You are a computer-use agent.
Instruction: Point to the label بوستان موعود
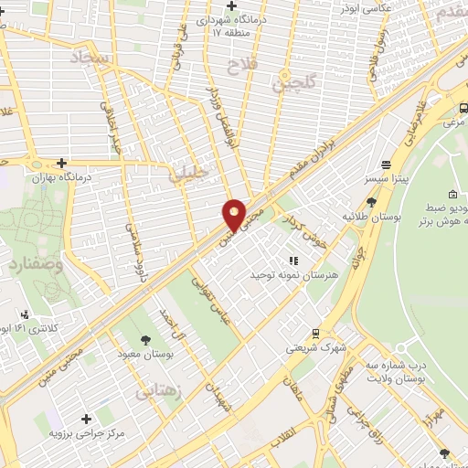point(141,352)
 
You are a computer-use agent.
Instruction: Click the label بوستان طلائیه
point(372,217)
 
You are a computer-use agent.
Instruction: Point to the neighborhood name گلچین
point(293,83)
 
